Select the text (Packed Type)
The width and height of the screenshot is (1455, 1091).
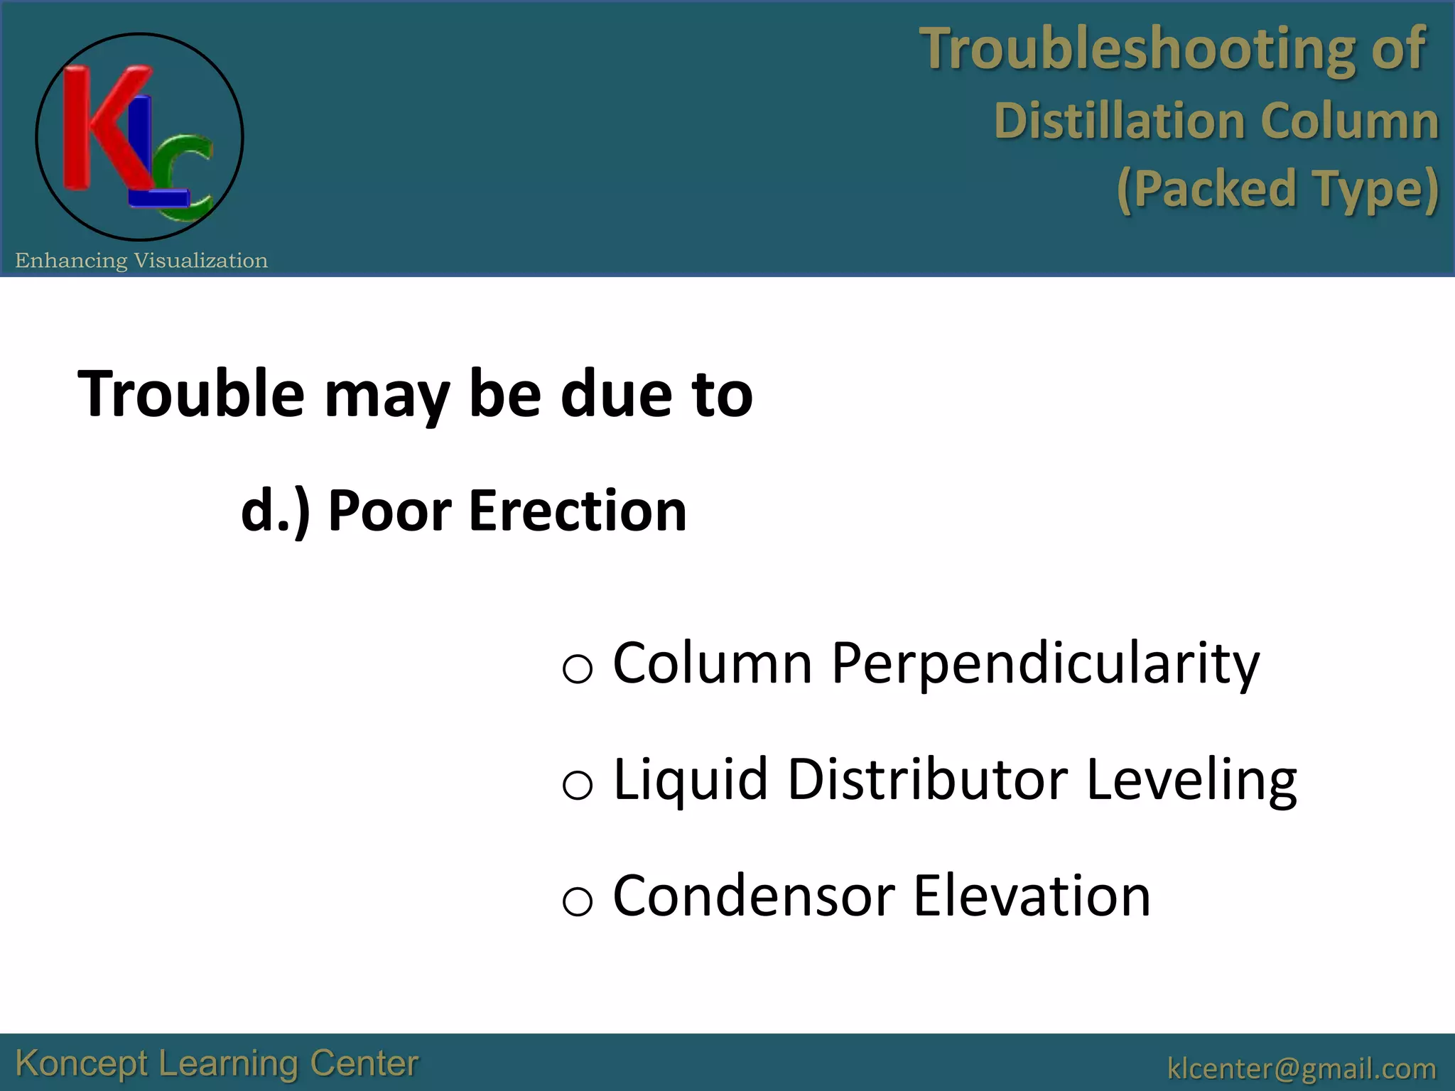point(1277,189)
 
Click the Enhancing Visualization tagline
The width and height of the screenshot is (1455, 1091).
point(141,261)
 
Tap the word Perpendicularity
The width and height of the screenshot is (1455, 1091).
point(1045,663)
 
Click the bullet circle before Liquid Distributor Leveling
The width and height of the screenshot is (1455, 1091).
point(577,786)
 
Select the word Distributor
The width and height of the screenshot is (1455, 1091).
point(928,779)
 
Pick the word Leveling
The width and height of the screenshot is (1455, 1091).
point(1191,781)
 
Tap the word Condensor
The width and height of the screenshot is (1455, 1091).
point(753,896)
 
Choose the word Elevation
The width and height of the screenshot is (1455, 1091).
point(1031,896)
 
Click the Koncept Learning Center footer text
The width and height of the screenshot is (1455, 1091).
point(217,1064)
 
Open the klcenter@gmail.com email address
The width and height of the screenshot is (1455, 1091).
point(1302,1068)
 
